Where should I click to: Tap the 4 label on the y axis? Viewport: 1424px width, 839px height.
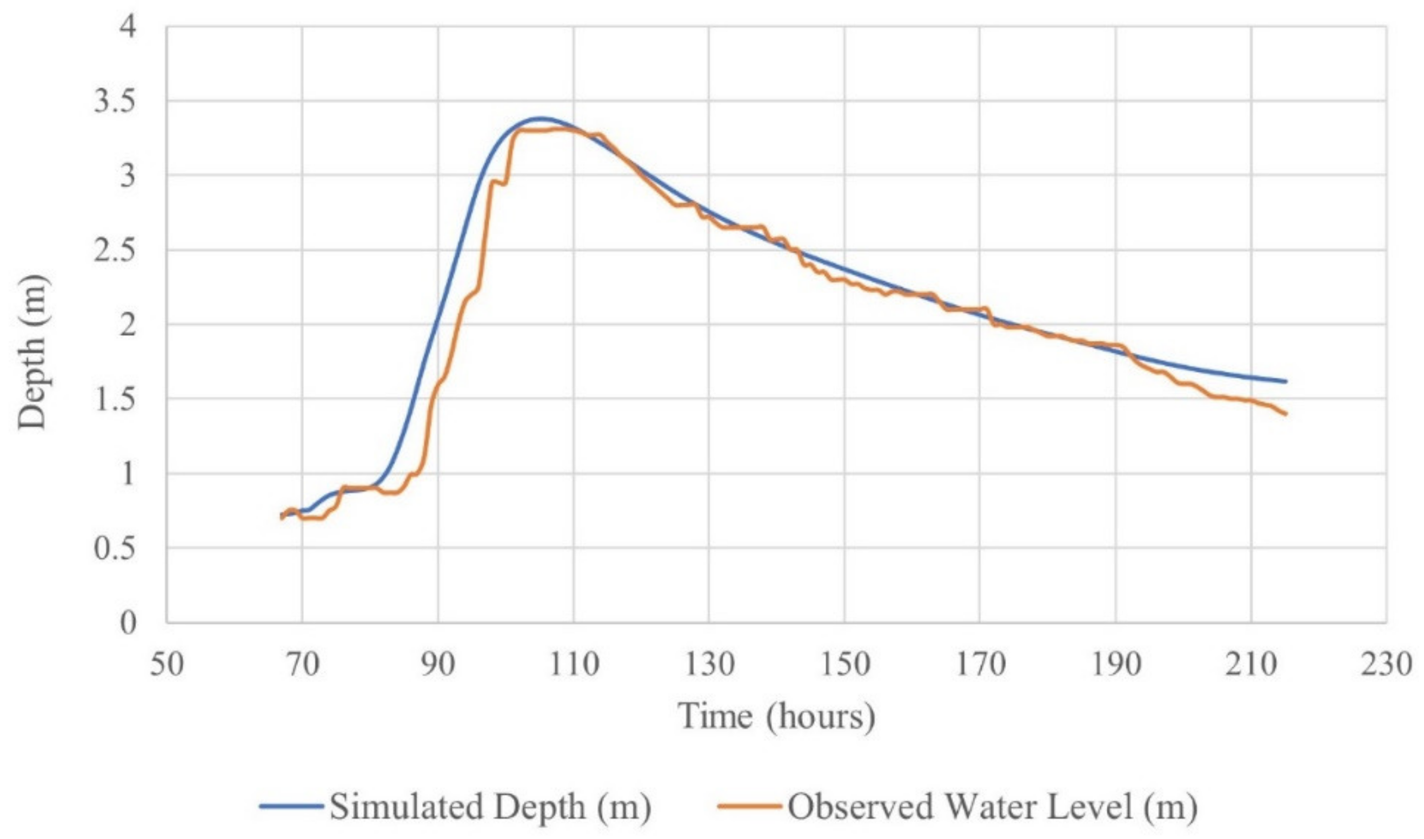128,27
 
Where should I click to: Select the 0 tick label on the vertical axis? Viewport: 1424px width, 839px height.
128,623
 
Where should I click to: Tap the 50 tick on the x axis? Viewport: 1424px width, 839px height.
166,665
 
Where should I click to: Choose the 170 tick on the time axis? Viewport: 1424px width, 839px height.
980,665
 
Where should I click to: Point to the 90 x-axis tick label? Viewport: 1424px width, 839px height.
438,665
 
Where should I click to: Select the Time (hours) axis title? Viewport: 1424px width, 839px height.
776,716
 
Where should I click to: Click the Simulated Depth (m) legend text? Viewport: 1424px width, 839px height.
490,806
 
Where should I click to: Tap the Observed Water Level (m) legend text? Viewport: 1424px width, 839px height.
992,806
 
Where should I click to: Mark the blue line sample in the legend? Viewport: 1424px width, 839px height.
291,806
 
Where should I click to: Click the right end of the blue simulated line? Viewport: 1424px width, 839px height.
1286,381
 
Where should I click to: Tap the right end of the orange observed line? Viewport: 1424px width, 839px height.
1286,414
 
